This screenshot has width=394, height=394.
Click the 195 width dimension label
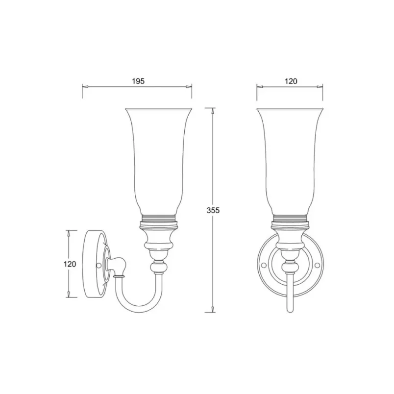(x=138, y=81)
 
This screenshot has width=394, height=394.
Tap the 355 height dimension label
(x=213, y=210)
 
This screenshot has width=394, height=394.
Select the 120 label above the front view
(x=291, y=81)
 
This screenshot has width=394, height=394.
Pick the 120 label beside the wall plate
(x=70, y=264)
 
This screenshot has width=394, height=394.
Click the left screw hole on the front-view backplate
(x=264, y=265)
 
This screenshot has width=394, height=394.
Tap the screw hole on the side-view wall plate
(x=99, y=265)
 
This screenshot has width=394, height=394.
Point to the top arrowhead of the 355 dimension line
(x=213, y=111)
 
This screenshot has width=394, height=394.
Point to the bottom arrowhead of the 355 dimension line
(x=213, y=309)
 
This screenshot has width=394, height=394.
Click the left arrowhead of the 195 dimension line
(x=85, y=87)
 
